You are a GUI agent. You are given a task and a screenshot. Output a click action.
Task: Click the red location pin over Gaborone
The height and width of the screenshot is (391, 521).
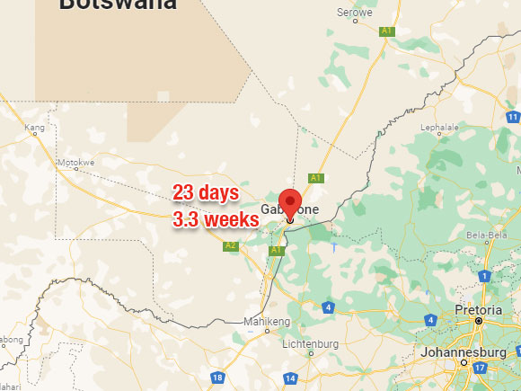(x=289, y=203)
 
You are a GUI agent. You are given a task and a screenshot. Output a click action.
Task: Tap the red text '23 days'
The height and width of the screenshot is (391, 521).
(x=206, y=192)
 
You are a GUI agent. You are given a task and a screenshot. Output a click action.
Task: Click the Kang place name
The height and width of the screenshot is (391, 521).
(x=35, y=129)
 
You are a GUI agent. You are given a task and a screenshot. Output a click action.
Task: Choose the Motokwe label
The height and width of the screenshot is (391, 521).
(x=75, y=163)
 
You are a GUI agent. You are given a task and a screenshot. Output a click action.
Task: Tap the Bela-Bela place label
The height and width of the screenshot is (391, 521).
(x=487, y=235)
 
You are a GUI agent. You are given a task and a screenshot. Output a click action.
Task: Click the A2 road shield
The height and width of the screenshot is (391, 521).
(x=231, y=245)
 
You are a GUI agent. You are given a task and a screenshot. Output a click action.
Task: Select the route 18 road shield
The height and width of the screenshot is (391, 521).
(x=217, y=378)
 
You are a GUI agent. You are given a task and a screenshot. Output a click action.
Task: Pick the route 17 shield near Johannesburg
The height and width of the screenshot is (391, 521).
(x=481, y=368)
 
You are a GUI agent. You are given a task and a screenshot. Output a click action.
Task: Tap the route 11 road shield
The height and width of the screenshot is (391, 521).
(x=513, y=117)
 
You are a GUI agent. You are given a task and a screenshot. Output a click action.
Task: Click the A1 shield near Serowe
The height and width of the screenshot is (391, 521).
(x=387, y=31)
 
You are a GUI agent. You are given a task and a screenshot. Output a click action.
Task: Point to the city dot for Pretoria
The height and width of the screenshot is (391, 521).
(x=478, y=321)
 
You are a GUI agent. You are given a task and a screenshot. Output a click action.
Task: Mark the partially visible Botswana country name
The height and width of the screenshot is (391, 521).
(x=117, y=5)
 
